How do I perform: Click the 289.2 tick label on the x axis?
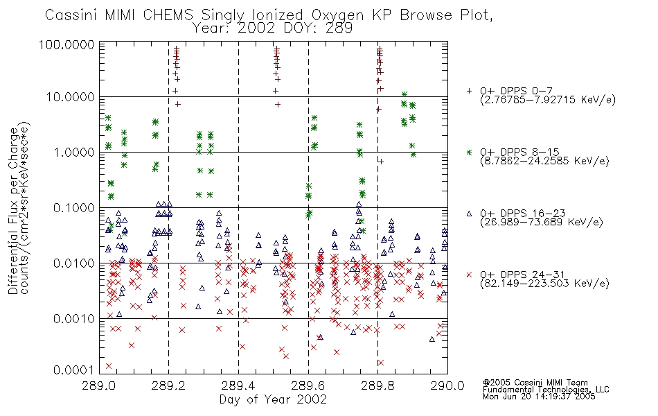point(169,385)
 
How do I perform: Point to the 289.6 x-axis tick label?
point(308,385)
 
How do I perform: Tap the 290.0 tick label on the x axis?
point(447,385)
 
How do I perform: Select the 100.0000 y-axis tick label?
point(67,44)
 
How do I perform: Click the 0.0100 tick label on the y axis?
point(74,263)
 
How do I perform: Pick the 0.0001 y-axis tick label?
point(74,370)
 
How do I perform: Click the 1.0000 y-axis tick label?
point(74,152)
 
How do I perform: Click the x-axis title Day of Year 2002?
point(273,399)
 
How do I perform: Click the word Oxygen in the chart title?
point(338,15)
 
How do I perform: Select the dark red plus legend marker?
point(470,91)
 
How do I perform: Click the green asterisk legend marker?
point(470,152)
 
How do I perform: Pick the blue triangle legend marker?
point(470,214)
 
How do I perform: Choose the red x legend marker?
point(470,275)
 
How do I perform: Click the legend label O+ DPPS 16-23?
point(523,214)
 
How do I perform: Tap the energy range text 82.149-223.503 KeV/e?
point(544,284)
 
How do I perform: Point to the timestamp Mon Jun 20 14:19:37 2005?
point(539,396)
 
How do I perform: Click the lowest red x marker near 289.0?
point(109,366)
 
